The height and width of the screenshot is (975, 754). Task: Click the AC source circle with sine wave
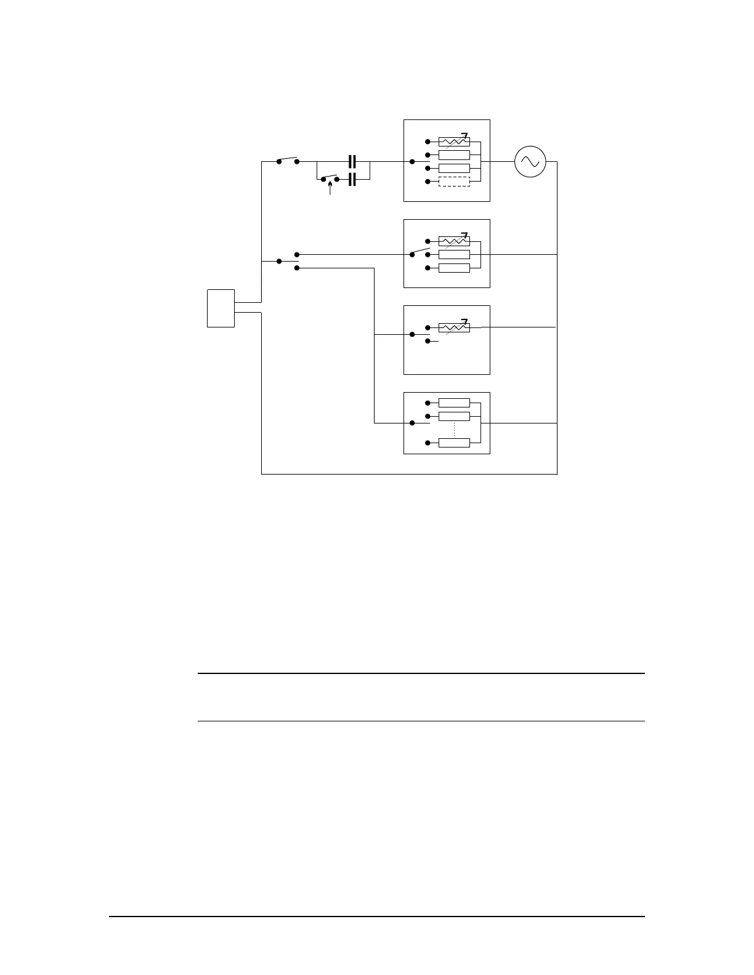[530, 162]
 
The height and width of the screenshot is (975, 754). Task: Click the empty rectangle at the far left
[221, 308]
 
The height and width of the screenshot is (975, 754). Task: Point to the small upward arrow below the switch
[330, 188]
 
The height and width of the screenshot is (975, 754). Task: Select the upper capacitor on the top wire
[352, 162]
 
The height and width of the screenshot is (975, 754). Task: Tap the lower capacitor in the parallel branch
[352, 179]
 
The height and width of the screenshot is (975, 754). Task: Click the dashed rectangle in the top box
[454, 182]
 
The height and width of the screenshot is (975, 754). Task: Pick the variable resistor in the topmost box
[454, 142]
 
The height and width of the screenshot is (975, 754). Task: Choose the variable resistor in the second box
[454, 241]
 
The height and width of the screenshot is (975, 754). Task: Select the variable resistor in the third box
[454, 327]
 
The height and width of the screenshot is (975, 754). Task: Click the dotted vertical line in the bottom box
[454, 430]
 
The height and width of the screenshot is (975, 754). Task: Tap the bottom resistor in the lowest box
[454, 443]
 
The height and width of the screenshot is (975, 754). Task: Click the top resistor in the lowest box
[454, 403]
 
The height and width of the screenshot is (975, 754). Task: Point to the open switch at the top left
[288, 160]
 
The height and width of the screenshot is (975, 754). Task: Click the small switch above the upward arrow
[330, 179]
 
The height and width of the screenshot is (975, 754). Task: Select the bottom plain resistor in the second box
[454, 268]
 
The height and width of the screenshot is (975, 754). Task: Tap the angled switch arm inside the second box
[420, 252]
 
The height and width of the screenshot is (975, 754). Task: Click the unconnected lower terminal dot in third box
[428, 341]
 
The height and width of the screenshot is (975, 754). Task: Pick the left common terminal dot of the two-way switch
[278, 261]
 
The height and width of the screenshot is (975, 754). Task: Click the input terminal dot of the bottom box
[411, 423]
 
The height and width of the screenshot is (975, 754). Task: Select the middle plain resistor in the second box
[454, 254]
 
